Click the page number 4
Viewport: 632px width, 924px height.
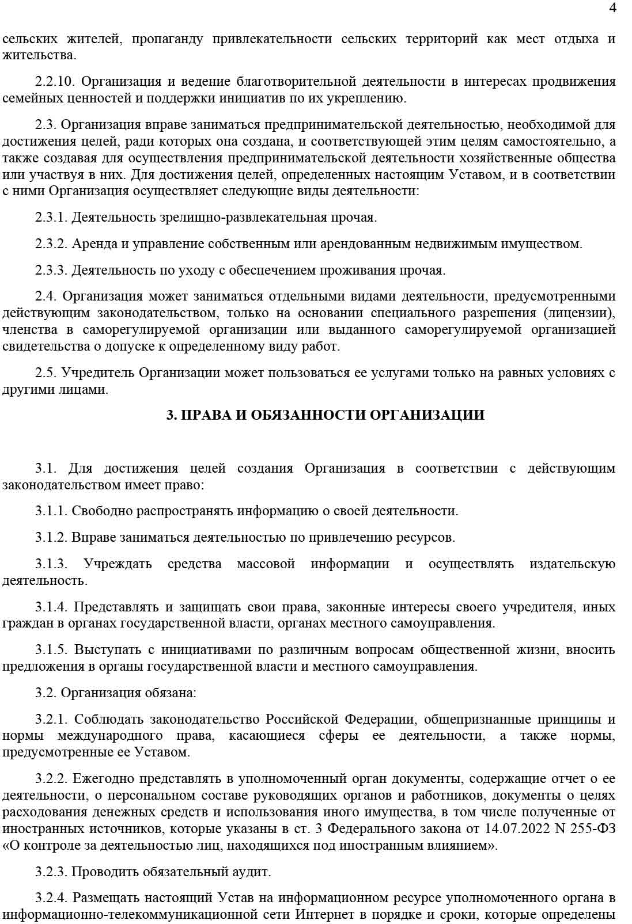612,7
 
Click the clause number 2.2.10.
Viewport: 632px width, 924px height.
55,81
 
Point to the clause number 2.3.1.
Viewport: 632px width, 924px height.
51,218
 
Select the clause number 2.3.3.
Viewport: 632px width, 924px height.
51,271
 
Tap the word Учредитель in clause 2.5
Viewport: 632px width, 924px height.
98,373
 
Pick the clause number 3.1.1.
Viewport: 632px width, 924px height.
51,511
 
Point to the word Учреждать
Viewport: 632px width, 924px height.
118,564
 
